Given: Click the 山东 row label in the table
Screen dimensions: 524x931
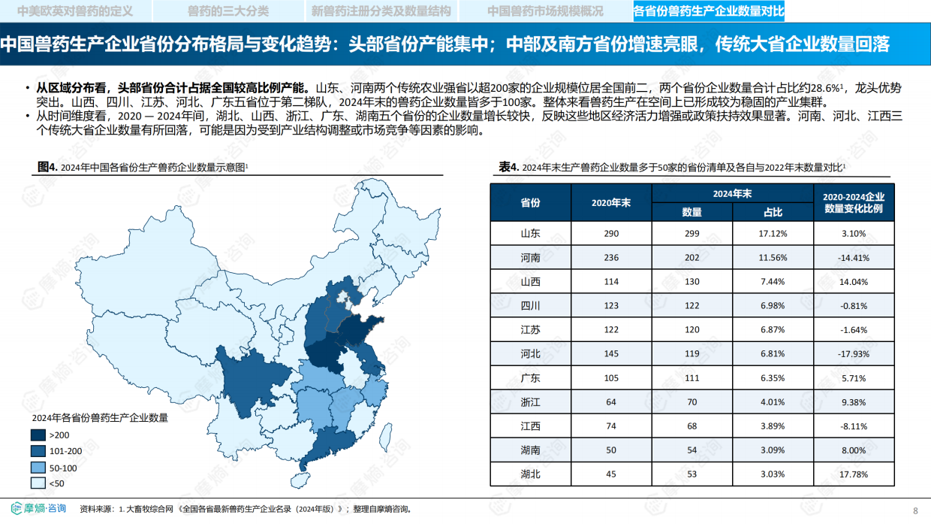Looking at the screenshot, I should click(531, 233).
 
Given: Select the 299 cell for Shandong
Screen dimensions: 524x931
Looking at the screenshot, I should click(691, 233).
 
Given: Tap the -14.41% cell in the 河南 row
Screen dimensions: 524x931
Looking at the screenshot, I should click(854, 257).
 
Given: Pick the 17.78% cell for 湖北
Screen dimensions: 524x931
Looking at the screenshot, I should click(854, 474).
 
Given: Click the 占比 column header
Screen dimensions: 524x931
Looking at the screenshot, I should click(773, 212).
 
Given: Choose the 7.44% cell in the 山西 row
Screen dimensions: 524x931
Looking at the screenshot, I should click(773, 281).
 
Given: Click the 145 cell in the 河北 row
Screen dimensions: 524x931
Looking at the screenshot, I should click(610, 353).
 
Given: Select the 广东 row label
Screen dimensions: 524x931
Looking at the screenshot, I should click(531, 378).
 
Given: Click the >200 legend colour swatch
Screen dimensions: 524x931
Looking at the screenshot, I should click(38, 435).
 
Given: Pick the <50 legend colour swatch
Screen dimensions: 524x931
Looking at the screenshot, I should click(38, 483).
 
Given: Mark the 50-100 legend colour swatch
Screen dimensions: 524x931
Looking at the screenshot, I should click(38, 468).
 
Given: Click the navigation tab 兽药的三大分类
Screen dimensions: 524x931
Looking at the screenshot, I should click(227, 11).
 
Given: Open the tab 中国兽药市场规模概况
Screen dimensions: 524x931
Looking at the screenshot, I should click(545, 11).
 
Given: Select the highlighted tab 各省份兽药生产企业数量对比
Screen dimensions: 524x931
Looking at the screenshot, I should click(709, 11).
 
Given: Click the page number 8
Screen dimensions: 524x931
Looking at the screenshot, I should click(915, 510).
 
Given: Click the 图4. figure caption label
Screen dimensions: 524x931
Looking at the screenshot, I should click(48, 167).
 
